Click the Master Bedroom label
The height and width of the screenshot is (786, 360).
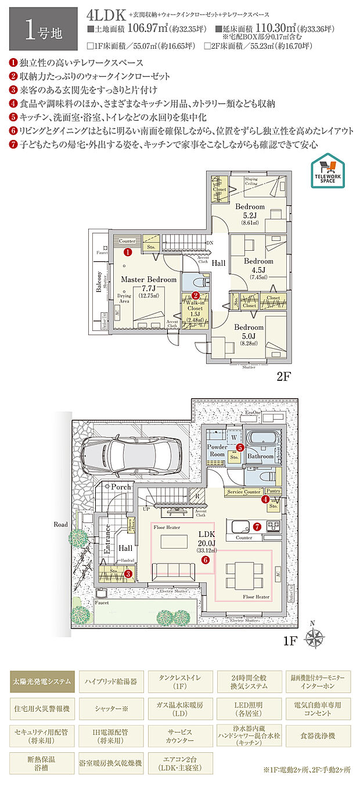click(148, 280)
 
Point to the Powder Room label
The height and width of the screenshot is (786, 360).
click(217, 450)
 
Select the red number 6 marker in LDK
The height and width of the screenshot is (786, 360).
click(205, 560)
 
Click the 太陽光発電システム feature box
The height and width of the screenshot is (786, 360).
click(41, 680)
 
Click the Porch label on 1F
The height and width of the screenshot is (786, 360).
click(121, 486)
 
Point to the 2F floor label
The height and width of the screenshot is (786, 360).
click(283, 376)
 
